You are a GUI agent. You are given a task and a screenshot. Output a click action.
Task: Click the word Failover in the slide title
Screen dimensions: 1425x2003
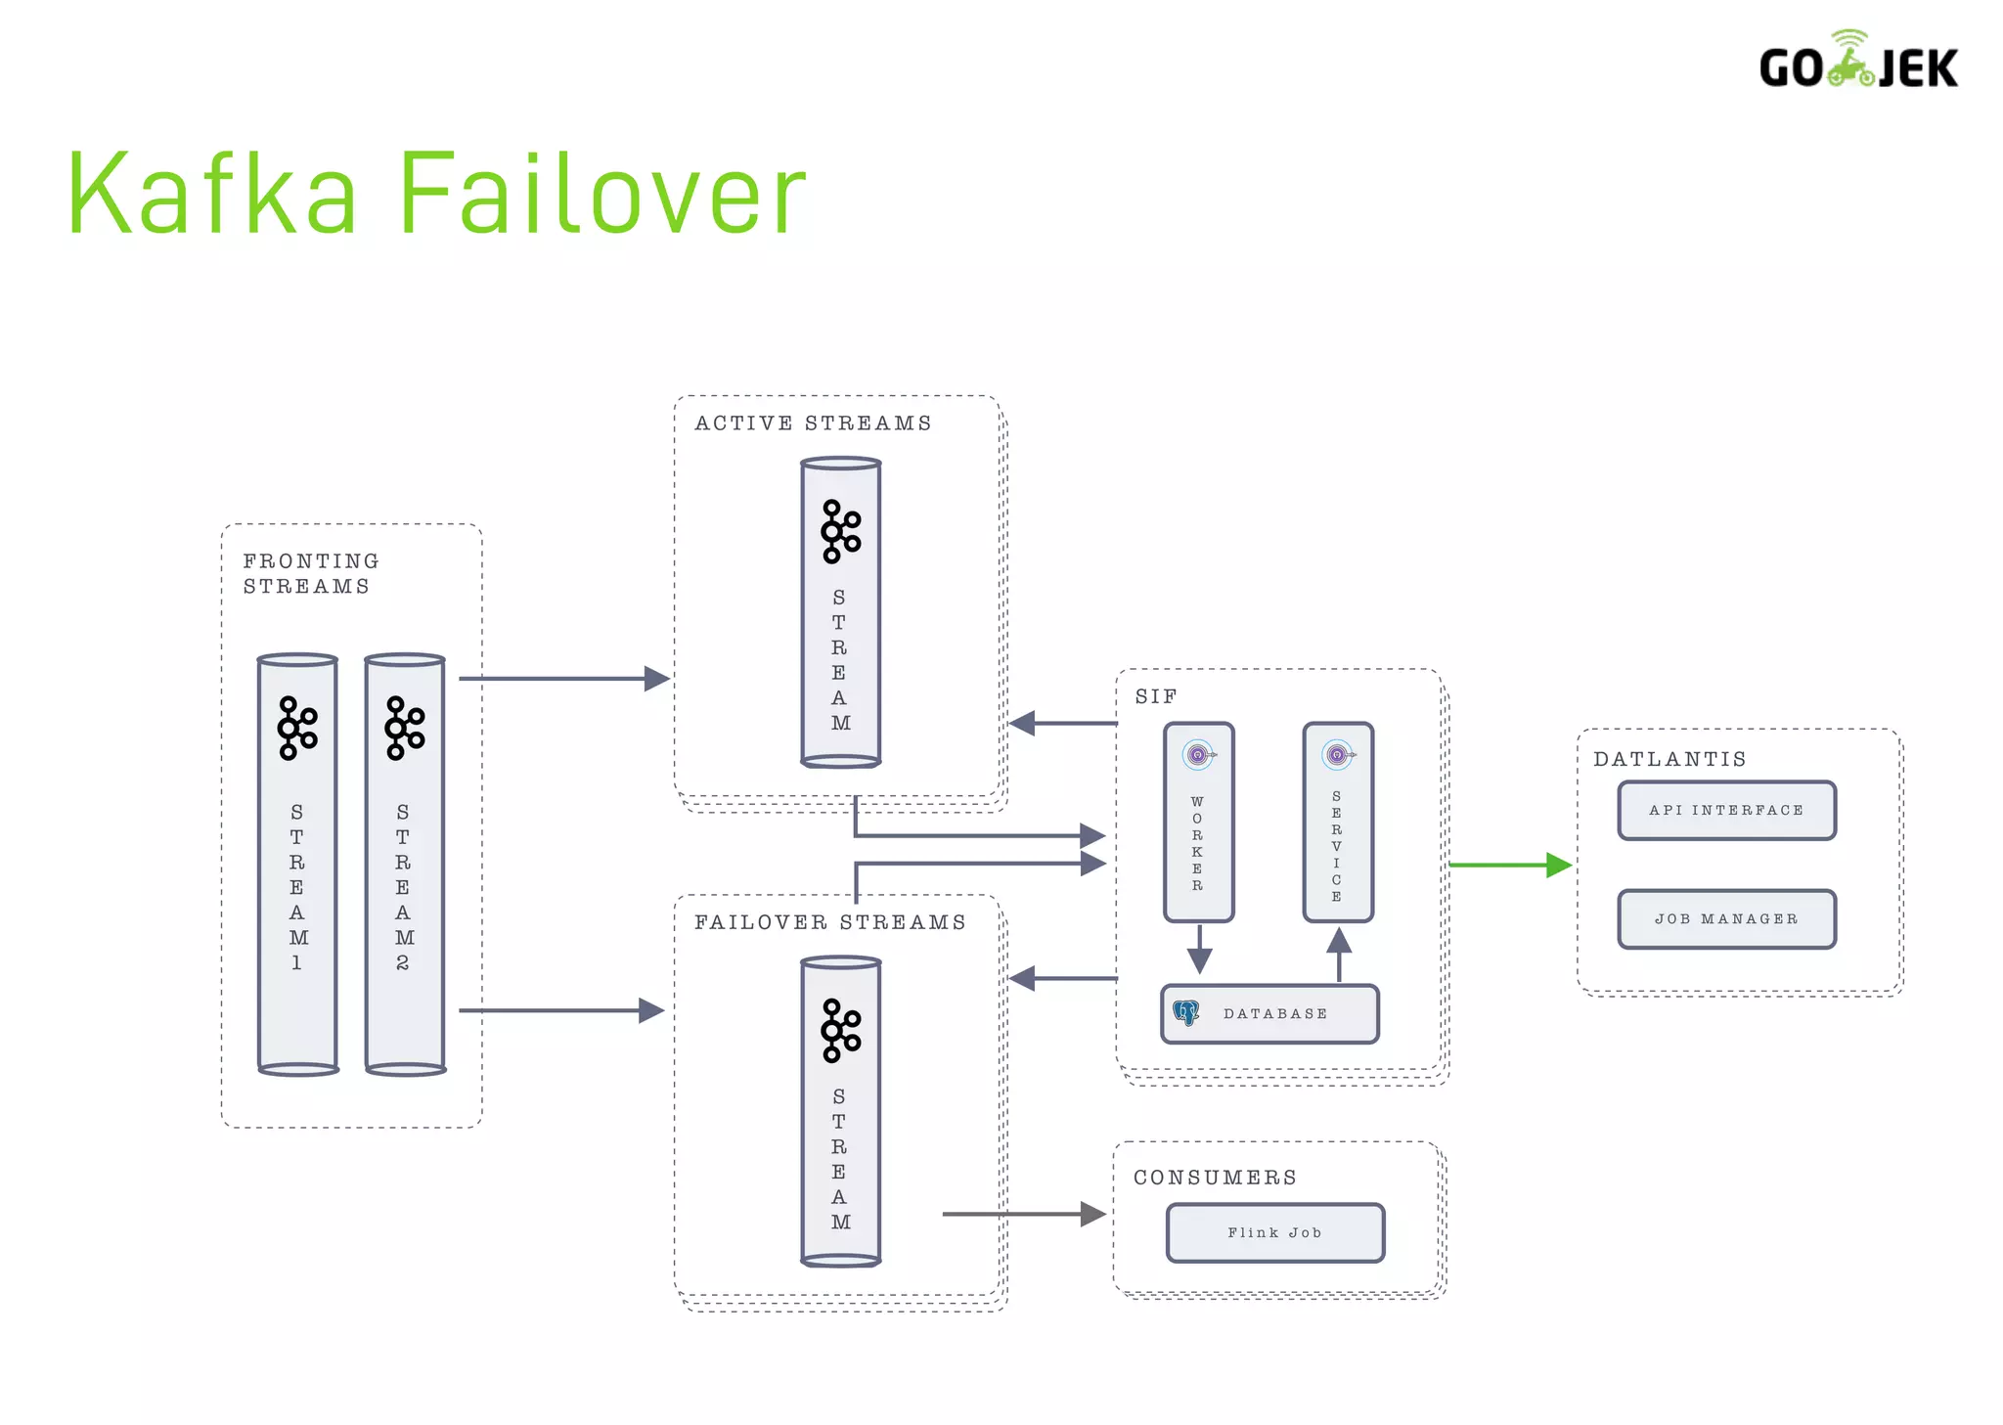(601, 194)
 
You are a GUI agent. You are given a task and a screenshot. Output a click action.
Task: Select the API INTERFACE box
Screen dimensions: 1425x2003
(1726, 810)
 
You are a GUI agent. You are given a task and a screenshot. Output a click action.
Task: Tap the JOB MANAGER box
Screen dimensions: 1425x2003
(1726, 918)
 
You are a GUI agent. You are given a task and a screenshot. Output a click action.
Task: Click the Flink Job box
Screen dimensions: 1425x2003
(1274, 1232)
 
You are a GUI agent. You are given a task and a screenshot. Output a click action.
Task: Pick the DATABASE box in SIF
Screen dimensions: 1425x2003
(1269, 1013)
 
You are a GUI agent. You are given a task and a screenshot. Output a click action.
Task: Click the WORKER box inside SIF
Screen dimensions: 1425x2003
(1198, 822)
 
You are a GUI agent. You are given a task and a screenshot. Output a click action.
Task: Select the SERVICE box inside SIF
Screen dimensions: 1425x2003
(1337, 822)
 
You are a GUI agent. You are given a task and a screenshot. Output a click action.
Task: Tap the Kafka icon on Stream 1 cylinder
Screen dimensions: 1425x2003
(297, 728)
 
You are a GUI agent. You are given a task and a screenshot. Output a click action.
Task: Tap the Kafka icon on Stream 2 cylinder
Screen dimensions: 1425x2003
(404, 728)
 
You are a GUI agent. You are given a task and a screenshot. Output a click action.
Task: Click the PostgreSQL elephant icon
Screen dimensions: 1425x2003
(1186, 1012)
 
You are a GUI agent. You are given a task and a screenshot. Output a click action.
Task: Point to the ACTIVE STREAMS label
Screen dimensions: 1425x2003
(813, 423)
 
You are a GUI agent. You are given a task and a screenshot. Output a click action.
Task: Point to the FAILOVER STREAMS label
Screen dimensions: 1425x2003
(829, 922)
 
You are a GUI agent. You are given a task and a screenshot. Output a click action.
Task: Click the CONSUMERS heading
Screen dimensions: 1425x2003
(1215, 1178)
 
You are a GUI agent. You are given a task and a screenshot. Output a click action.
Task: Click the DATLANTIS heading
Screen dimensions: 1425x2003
(1669, 759)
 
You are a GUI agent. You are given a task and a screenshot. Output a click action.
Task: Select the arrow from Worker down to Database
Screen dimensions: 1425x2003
(1199, 949)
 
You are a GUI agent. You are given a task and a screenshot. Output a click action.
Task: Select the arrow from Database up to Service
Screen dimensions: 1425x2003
(1338, 955)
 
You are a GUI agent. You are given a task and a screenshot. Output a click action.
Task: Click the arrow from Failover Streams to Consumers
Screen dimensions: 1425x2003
(1022, 1214)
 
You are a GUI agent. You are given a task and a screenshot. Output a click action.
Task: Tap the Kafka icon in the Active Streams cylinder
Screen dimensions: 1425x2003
(840, 531)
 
